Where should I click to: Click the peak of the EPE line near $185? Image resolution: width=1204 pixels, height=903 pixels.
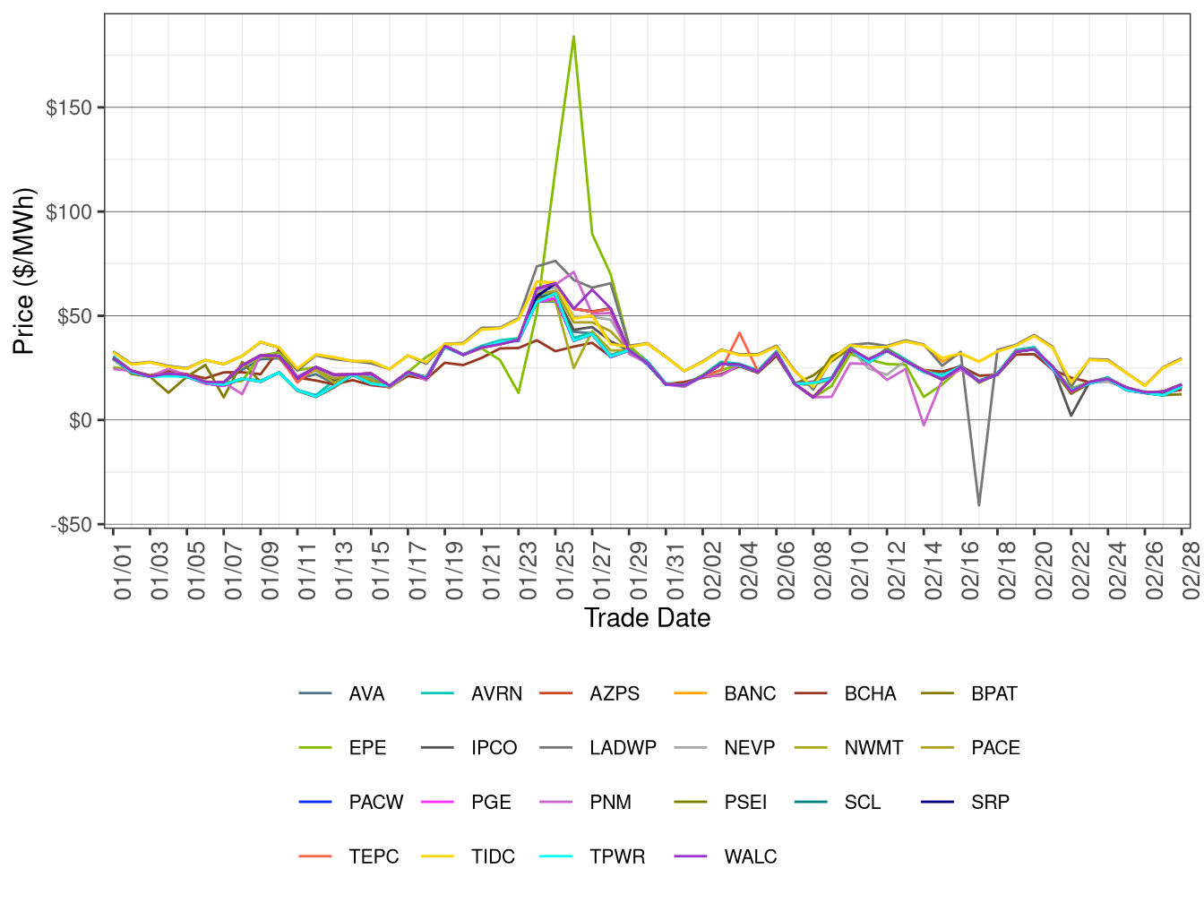[573, 37]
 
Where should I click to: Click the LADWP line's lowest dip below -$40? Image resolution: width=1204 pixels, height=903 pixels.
[979, 506]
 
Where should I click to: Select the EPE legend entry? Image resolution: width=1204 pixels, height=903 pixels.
[367, 748]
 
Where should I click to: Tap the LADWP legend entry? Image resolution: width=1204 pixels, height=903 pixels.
[623, 748]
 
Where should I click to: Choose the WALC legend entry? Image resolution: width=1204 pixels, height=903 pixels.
[750, 856]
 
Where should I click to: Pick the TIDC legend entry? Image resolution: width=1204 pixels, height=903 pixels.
[493, 856]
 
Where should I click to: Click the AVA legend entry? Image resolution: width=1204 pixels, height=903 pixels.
[366, 694]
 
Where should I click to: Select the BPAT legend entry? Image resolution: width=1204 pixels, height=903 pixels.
[993, 694]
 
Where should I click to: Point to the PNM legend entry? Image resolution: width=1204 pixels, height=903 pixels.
[610, 803]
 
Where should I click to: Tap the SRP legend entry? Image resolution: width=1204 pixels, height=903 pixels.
[990, 803]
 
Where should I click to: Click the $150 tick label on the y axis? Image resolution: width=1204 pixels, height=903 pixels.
[69, 107]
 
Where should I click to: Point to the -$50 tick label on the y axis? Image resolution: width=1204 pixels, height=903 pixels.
[71, 525]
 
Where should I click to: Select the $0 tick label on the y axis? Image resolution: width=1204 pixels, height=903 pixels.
[80, 420]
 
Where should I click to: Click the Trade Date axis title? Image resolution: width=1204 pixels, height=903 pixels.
[647, 618]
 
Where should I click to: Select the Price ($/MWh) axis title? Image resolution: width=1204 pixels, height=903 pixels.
[23, 271]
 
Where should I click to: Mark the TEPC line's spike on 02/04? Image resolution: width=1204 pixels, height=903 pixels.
[739, 333]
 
